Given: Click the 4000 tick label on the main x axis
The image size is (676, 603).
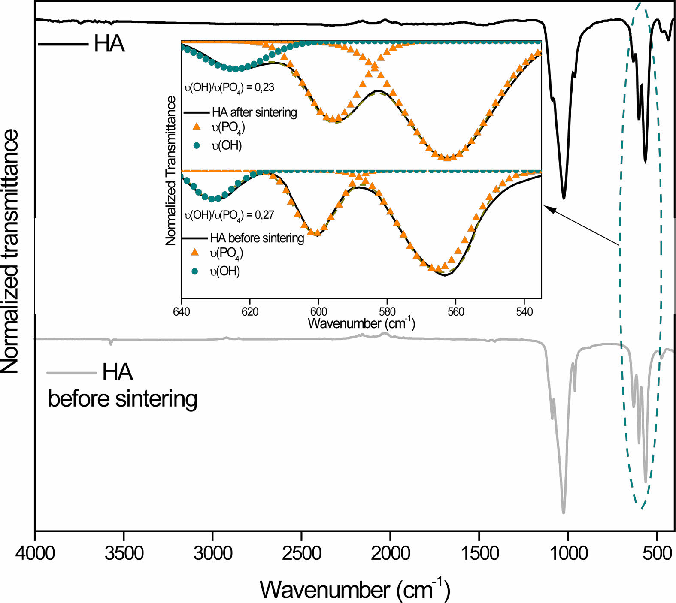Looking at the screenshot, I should [35, 553].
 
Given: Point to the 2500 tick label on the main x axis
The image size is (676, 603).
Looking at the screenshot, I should [302, 553].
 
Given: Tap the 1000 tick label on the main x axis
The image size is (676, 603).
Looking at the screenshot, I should [568, 553].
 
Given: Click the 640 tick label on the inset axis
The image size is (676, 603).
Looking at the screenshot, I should [182, 312].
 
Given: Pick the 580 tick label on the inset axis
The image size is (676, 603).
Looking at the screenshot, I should [387, 312].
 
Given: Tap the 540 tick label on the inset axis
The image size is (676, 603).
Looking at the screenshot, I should [524, 312].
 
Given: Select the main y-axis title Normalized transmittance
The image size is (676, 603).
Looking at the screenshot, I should [10, 251].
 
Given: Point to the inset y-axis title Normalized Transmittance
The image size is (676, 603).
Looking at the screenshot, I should [171, 170].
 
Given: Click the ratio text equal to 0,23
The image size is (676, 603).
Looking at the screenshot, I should [229, 88].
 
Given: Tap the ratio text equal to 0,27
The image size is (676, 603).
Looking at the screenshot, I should [229, 215].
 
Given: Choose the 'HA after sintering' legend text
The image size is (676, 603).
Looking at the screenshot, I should [254, 112].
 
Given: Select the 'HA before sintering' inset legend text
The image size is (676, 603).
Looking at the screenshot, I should [257, 238].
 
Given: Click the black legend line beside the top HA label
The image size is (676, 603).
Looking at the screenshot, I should [63, 44].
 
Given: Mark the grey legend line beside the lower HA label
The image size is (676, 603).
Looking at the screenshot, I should [71, 372].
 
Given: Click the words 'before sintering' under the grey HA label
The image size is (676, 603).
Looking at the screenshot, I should [122, 399].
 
